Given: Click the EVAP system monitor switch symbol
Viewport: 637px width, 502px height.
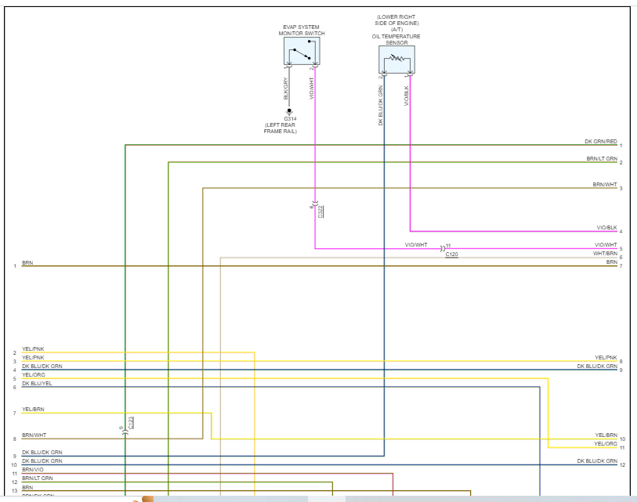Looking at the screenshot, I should pos(302,52).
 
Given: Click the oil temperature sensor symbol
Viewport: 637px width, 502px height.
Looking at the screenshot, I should pos(396,59).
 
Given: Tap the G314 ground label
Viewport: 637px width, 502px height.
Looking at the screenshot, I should pos(290,118).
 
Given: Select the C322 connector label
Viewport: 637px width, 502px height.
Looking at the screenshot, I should pos(320,211).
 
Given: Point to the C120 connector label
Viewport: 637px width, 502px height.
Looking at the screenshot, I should pos(451,255).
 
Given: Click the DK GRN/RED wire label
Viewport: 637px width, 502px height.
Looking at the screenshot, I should pos(601,142).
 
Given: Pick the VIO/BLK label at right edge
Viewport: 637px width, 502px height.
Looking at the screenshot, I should pos(606,228).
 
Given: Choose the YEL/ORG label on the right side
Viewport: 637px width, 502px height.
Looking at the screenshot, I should pos(606,444).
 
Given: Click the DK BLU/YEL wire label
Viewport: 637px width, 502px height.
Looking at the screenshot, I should pos(37,384).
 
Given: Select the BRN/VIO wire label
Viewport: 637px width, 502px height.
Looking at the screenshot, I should pos(33,470).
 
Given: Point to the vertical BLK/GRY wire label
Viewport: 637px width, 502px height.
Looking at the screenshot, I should pos(286,88).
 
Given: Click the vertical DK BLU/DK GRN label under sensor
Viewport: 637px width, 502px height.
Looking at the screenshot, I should pos(381,106).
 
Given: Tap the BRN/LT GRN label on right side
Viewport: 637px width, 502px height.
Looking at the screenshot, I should pos(602,159).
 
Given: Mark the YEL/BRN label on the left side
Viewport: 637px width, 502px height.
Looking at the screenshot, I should pos(33,410).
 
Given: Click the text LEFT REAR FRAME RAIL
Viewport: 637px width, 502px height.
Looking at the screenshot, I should pos(280,128).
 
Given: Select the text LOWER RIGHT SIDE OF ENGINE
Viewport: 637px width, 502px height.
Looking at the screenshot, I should pos(397,20).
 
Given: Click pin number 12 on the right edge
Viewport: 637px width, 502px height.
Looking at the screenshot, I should pos(621,465).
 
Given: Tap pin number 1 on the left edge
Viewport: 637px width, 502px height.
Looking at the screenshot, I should pos(14,266).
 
